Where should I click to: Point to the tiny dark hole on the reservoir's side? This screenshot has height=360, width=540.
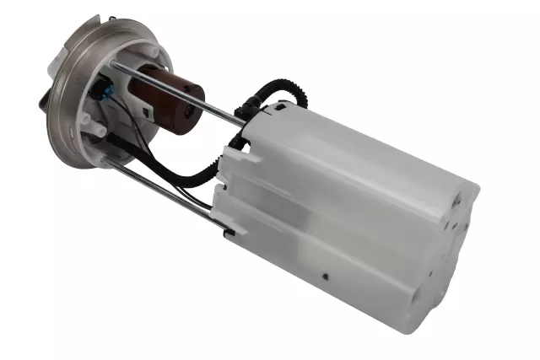[325, 275]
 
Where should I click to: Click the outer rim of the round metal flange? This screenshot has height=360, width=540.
[59, 126]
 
